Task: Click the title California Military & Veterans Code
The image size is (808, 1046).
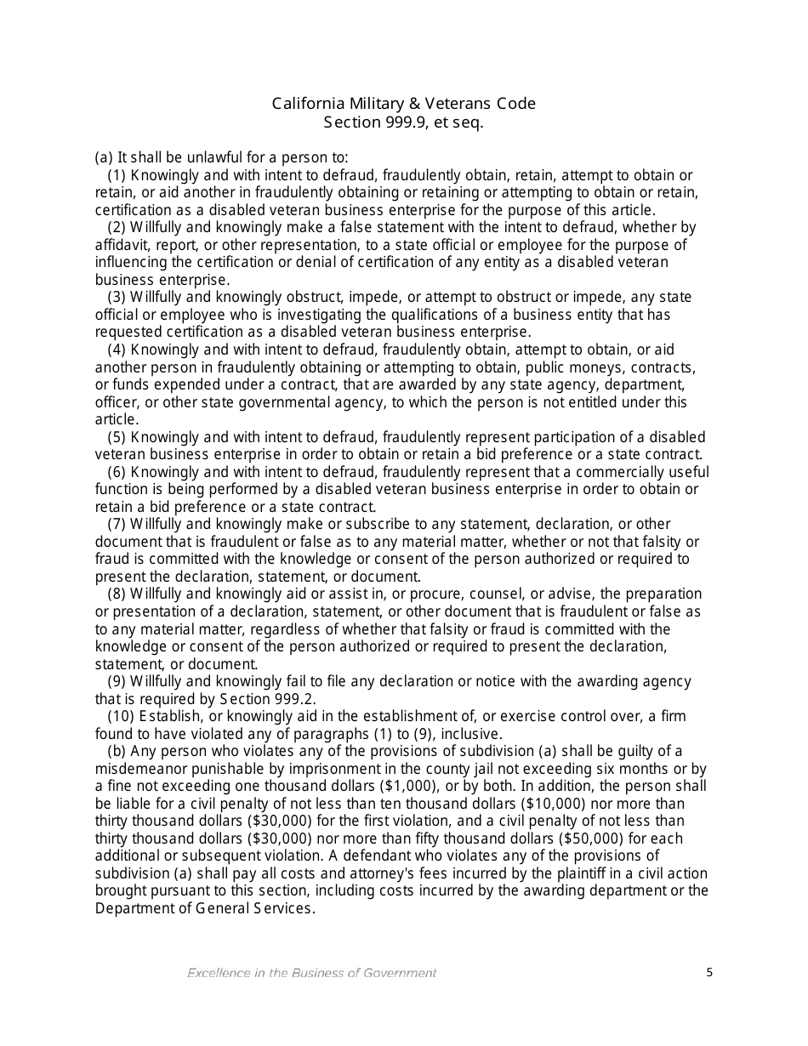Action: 403,104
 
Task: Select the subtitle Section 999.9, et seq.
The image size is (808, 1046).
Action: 403,122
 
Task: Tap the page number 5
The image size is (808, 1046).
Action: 709,973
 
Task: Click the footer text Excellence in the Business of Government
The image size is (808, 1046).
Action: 311,973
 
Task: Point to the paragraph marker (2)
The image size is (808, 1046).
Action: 117,227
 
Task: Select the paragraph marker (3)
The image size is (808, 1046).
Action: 117,297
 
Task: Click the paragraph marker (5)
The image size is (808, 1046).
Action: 117,437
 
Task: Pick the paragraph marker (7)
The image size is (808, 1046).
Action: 117,524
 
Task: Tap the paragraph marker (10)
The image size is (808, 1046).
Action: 121,716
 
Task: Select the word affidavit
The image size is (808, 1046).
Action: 123,245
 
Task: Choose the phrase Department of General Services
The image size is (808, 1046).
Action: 204,908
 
